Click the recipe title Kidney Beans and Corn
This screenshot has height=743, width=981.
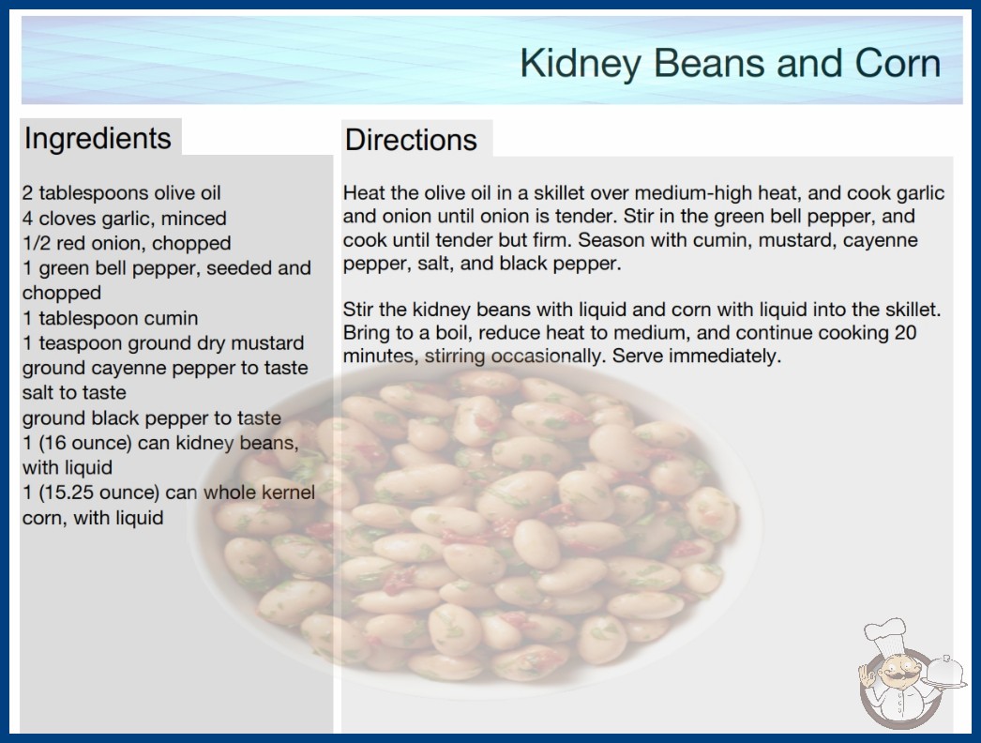pos(730,64)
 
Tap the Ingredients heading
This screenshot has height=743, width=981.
pos(98,139)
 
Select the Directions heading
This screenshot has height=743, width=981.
pos(411,140)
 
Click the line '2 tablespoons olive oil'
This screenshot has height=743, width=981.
pos(121,193)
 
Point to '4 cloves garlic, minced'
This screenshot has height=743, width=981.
pos(125,219)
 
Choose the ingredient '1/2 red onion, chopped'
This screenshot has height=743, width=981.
pos(127,243)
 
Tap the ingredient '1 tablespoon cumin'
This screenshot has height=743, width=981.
pos(110,318)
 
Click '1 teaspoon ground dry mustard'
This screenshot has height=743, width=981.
pos(163,343)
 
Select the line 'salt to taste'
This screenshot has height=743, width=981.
pos(74,392)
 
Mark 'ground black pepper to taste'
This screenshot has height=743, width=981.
pos(152,418)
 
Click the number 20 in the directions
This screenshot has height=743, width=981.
pos(905,332)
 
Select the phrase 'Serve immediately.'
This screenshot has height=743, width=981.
pos(697,356)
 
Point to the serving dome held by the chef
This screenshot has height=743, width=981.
pos(944,671)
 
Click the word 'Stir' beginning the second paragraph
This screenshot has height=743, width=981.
pos(358,310)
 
